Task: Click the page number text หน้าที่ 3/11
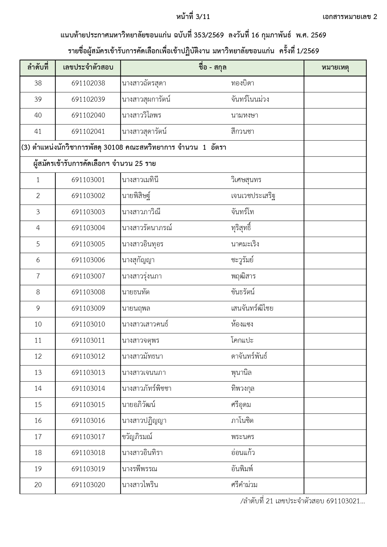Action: point(193,17)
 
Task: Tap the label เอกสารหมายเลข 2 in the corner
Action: point(350,17)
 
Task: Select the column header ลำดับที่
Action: point(38,67)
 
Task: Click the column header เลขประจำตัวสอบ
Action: point(88,67)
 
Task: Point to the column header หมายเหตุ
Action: point(335,67)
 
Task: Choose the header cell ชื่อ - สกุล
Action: point(212,67)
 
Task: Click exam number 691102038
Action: point(88,83)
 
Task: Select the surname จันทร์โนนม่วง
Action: point(250,99)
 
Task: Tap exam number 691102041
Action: point(88,132)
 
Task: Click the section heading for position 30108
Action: point(124,148)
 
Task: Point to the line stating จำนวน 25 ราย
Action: point(94,164)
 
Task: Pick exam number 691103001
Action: point(88,180)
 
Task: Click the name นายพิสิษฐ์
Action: point(137,196)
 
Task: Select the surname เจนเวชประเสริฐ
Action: point(253,196)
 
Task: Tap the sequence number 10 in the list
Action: point(38,324)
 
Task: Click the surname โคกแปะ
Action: point(242,340)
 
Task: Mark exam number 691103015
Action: point(88,405)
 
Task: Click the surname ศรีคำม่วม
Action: point(244,485)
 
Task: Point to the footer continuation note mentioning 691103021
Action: point(302,501)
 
